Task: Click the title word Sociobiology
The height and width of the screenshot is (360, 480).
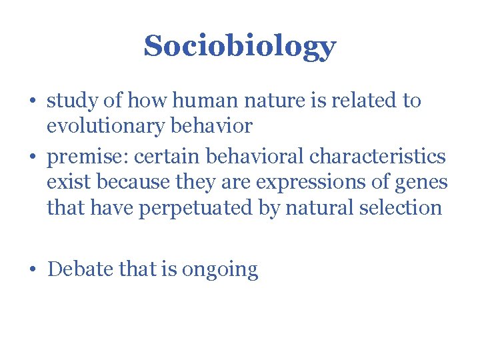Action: point(239,46)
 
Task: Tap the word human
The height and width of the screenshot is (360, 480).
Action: point(194,101)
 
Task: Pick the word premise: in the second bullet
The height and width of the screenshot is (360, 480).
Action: point(90,157)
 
